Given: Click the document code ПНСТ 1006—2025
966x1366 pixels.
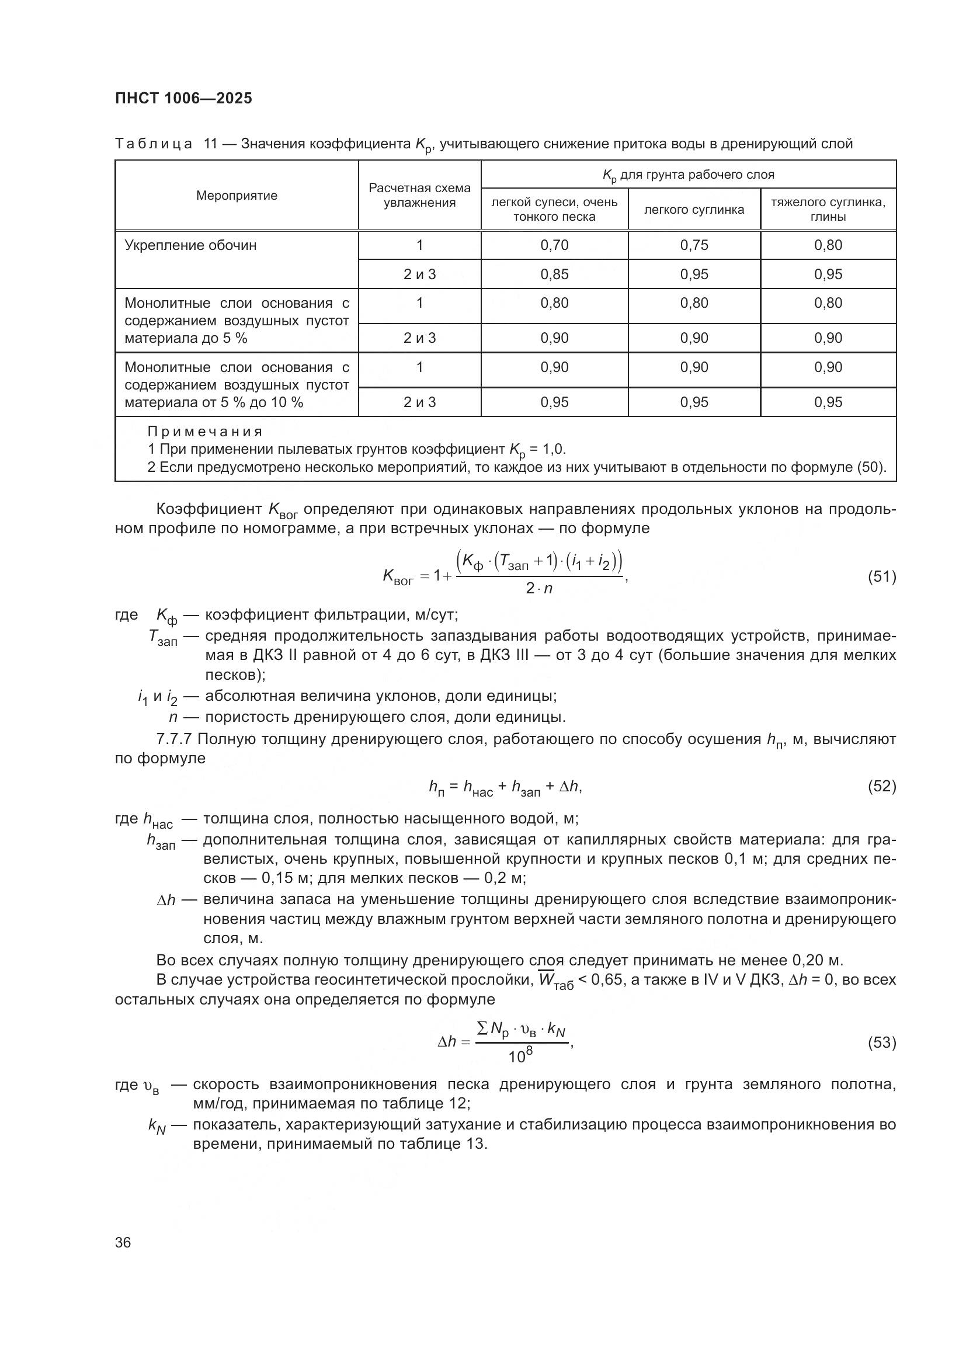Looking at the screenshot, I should (x=183, y=98).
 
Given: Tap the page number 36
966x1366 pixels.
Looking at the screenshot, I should (x=123, y=1242).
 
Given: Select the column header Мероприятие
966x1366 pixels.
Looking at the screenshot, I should (x=237, y=196).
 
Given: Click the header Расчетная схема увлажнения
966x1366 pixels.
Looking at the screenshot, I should (x=419, y=195).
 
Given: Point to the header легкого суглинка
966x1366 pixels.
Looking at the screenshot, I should (x=694, y=210).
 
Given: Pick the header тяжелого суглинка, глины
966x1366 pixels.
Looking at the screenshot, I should (x=828, y=209).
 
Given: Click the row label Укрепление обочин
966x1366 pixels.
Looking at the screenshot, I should (x=190, y=245).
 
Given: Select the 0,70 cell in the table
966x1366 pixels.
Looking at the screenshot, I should (x=554, y=245).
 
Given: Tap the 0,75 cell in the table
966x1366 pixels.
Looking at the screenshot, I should (x=694, y=245).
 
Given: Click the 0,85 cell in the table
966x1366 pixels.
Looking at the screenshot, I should (x=554, y=274).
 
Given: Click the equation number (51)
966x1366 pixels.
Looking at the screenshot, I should (x=881, y=576).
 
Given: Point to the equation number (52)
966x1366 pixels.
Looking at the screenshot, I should (x=881, y=787).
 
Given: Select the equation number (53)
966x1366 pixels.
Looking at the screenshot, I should (x=881, y=1042).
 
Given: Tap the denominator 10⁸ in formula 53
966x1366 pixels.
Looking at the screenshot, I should (x=520, y=1056).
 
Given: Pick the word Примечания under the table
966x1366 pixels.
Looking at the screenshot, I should (x=204, y=432).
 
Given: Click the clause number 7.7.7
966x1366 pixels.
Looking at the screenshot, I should (x=174, y=739).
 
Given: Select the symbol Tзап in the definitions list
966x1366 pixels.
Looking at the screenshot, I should (x=162, y=638).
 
